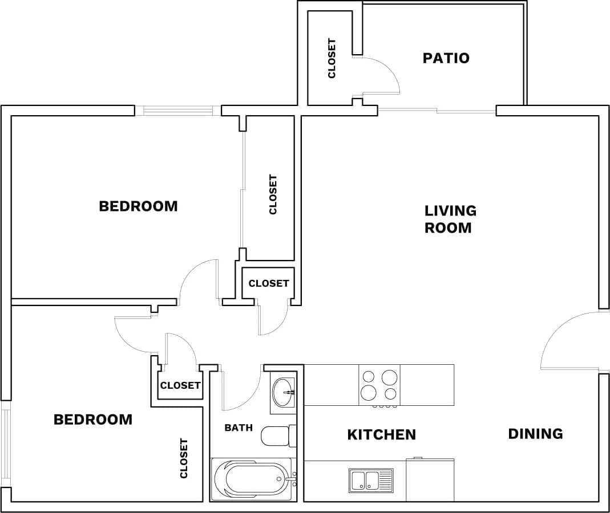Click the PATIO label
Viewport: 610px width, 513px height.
click(x=446, y=58)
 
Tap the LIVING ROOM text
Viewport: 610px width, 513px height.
click(x=450, y=219)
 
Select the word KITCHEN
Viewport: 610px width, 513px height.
click(x=381, y=435)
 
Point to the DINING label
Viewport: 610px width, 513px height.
click(x=535, y=434)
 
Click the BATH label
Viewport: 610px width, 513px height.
click(x=239, y=427)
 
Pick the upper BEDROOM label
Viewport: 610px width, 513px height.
click(x=138, y=206)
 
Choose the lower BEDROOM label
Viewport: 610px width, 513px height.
click(x=92, y=420)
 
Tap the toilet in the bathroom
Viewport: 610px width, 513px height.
click(x=278, y=436)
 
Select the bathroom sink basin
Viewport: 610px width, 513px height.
click(x=284, y=392)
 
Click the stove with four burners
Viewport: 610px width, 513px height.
click(x=379, y=385)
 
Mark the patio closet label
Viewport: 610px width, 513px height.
click(x=332, y=58)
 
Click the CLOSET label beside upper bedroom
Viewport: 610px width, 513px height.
click(x=273, y=195)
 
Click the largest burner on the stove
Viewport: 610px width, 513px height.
click(x=390, y=377)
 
